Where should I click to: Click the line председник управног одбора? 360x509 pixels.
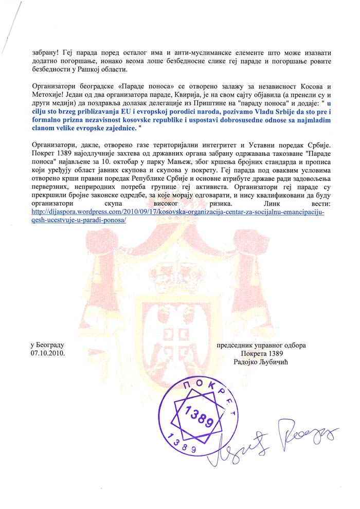(261, 345)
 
